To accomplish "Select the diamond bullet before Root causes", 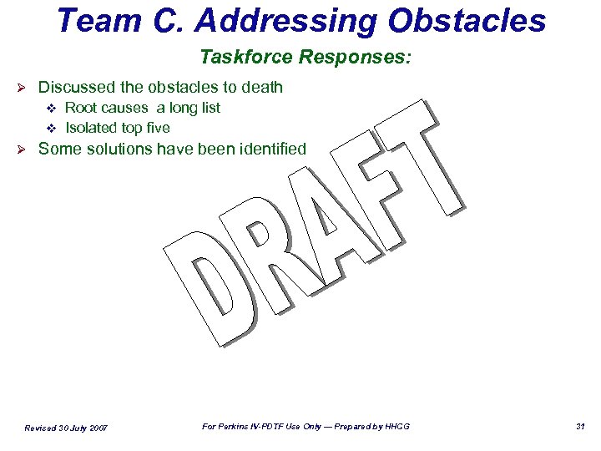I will [49, 108].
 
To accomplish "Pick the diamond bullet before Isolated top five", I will [49, 129].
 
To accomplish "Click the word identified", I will [270, 149].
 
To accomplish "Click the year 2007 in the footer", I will [94, 428].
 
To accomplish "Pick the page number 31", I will [580, 427].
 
